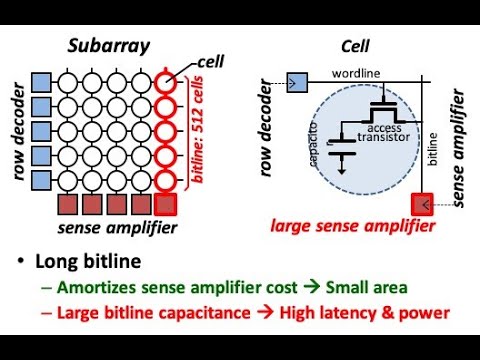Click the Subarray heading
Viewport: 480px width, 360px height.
click(109, 46)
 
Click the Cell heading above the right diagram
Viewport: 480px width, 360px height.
click(355, 46)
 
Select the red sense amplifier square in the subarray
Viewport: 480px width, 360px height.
click(165, 204)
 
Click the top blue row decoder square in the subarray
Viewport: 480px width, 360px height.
click(41, 83)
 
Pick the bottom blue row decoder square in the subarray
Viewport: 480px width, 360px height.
click(41, 181)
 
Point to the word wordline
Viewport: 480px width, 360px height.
click(356, 73)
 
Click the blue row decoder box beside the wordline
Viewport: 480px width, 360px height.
click(297, 83)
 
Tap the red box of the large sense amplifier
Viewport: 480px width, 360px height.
click(422, 204)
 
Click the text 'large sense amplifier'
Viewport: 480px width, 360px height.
click(353, 226)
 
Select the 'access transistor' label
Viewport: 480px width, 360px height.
click(384, 133)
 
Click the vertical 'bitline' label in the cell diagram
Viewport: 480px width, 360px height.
click(432, 149)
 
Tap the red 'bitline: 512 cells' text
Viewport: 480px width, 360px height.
click(197, 130)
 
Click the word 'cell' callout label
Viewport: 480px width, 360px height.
click(211, 62)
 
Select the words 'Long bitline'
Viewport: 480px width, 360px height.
click(88, 261)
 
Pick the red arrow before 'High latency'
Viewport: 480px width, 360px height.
click(265, 312)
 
